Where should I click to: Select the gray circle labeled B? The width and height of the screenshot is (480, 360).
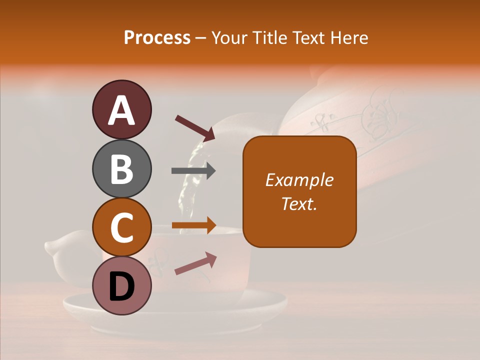(121, 168)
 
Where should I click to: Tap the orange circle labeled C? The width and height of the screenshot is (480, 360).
(121, 227)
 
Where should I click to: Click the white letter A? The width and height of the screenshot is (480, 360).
(121, 110)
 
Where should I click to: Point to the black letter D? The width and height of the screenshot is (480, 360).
(121, 286)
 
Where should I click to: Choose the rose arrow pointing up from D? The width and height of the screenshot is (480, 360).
(195, 263)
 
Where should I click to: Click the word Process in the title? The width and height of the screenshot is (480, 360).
(157, 37)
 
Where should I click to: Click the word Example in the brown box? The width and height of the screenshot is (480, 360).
(299, 180)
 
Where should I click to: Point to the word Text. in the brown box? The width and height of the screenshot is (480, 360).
(299, 203)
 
